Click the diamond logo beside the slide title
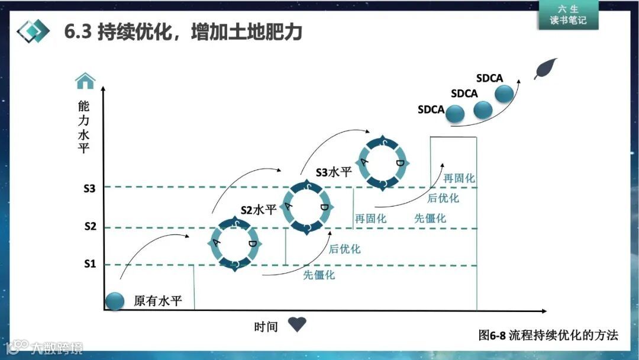click(33, 30)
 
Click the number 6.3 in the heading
click(78, 31)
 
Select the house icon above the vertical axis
click(85, 80)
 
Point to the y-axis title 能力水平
click(84, 127)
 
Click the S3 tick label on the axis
click(89, 189)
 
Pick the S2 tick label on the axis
click(89, 226)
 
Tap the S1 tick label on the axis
click(89, 264)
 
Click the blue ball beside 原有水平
click(115, 301)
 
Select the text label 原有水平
click(157, 301)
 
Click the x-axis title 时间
click(266, 326)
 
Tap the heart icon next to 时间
click(297, 324)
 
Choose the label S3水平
click(334, 172)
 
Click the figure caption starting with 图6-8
click(548, 335)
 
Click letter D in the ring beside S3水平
click(400, 163)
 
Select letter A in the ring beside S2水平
click(289, 205)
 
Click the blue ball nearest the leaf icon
click(504, 94)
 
